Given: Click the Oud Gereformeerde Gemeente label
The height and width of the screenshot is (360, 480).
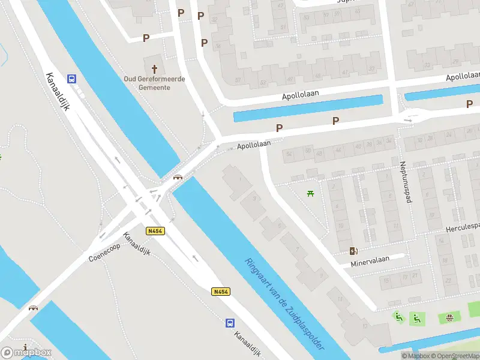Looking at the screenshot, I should (154, 83).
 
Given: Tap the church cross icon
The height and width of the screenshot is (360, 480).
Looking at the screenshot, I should (154, 69).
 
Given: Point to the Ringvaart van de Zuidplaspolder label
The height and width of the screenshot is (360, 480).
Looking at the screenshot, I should (285, 304).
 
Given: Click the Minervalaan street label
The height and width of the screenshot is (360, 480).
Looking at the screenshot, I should (370, 259).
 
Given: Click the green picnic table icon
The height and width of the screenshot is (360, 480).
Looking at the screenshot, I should (310, 193).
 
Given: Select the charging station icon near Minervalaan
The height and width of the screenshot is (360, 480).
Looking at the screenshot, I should (352, 251).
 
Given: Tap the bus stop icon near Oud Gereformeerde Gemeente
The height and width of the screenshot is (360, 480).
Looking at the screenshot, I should (72, 79).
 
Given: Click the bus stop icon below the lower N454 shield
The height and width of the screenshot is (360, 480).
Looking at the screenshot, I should (230, 323).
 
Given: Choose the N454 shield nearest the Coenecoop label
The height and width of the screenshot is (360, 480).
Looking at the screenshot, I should (155, 230).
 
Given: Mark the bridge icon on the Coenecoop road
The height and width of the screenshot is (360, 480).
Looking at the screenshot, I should (33, 307).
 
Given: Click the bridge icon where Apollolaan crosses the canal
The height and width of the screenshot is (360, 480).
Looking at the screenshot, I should (178, 176).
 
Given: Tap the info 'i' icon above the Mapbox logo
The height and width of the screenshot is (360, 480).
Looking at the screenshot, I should (25, 347).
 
